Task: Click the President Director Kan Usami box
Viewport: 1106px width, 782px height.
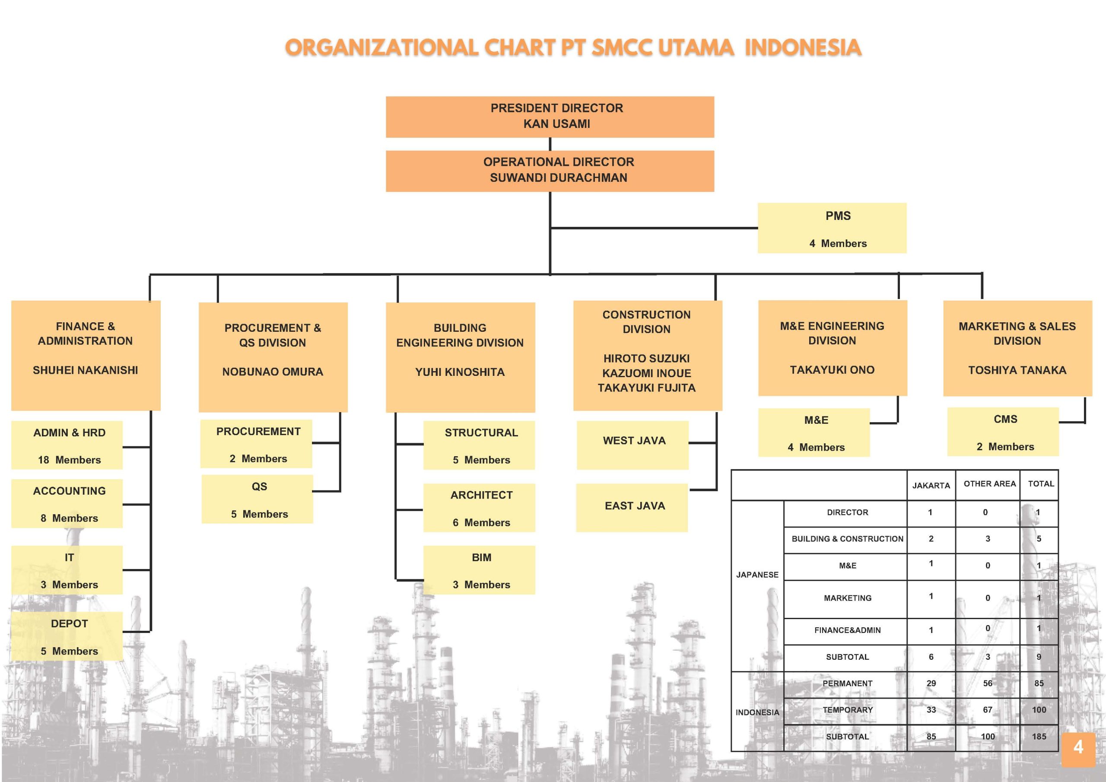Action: click(x=550, y=117)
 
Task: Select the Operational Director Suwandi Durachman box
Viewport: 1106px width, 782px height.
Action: click(x=550, y=171)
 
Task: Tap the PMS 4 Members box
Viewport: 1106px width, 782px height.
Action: click(x=832, y=228)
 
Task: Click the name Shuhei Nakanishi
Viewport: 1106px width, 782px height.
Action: click(x=85, y=370)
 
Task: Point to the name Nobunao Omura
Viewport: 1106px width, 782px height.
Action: click(x=273, y=372)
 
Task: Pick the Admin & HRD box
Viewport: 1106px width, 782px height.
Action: click(x=67, y=445)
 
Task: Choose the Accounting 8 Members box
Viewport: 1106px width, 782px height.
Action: click(x=67, y=503)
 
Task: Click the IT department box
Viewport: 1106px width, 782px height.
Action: click(x=67, y=570)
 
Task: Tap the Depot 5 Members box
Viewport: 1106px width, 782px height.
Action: click(x=67, y=636)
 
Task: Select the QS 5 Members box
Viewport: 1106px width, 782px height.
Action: click(x=257, y=499)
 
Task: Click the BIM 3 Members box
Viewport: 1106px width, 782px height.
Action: click(x=479, y=570)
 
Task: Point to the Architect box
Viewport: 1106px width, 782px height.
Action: click(x=479, y=508)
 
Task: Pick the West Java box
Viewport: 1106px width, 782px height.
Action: click(x=632, y=445)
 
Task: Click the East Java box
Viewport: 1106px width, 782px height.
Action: click(x=632, y=508)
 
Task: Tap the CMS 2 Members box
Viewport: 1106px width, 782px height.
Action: click(x=1003, y=432)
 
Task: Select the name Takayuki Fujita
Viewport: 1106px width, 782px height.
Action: click(x=646, y=388)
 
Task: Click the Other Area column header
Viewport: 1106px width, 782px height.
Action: click(x=989, y=484)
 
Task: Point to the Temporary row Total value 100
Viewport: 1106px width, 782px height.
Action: click(x=1039, y=710)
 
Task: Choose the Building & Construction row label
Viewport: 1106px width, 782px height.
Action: click(x=847, y=539)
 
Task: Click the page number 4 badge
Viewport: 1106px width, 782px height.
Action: click(x=1078, y=750)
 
